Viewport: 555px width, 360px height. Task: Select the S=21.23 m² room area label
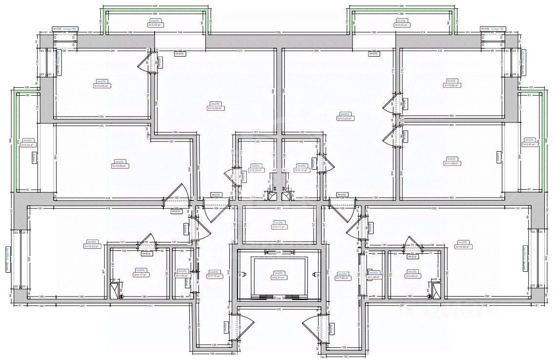[345, 118]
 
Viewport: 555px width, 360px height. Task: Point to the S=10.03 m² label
[102, 86]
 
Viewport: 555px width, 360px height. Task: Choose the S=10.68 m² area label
[452, 85]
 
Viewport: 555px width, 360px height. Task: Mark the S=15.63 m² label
[92, 246]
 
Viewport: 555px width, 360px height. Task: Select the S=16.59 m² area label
[463, 247]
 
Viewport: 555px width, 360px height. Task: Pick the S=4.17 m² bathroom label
[140, 275]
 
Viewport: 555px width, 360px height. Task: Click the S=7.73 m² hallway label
[214, 277]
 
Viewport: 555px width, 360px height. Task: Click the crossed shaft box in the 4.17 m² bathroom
[115, 290]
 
